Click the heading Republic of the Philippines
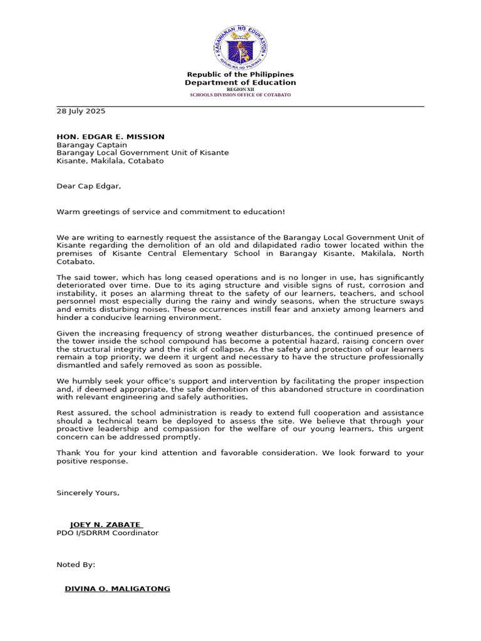(240, 74)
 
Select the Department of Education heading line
(240, 83)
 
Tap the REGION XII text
(240, 90)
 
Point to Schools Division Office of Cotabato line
(240, 95)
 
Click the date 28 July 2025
(81, 111)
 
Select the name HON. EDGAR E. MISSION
(110, 136)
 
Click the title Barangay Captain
(91, 145)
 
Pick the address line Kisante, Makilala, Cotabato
(110, 161)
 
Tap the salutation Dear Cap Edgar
(88, 186)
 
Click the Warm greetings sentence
(170, 212)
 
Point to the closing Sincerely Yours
(88, 493)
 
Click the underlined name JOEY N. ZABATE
(106, 525)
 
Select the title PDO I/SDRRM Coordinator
(107, 533)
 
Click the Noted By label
(76, 565)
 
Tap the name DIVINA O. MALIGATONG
(117, 589)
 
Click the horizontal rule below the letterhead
(240, 106)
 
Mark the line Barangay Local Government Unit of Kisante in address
(142, 153)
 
